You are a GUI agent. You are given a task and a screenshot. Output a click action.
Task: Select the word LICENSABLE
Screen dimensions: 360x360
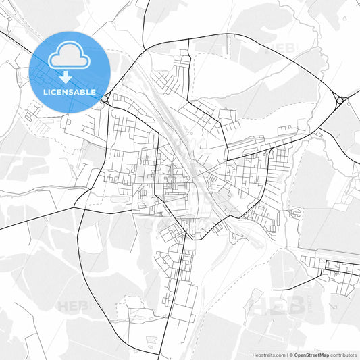pyautogui.click(x=69, y=91)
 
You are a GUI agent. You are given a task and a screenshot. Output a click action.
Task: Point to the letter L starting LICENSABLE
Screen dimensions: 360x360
pyautogui.click(x=45, y=91)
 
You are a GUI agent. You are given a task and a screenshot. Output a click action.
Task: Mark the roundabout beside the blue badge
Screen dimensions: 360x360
pyautogui.click(x=106, y=101)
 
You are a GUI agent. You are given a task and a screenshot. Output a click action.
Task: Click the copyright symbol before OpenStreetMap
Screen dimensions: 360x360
pyautogui.click(x=290, y=354)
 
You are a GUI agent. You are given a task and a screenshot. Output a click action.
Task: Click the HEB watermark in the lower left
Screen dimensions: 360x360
pyautogui.click(x=74, y=306)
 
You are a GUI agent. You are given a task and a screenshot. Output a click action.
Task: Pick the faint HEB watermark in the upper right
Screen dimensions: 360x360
pyautogui.click(x=284, y=49)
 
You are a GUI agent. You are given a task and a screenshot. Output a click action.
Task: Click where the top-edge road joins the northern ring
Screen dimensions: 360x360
pyautogui.click(x=143, y=49)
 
